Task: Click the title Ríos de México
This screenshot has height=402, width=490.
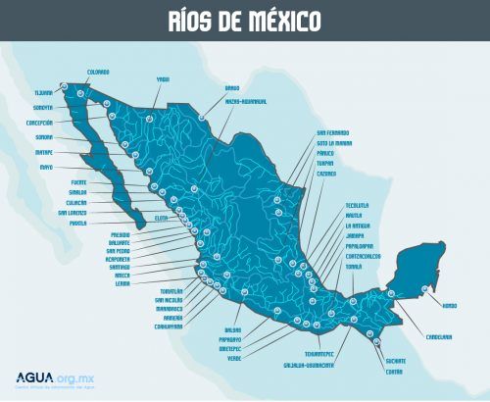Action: [244, 21]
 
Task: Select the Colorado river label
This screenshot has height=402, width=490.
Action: [98, 72]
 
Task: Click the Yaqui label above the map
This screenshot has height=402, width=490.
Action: [163, 79]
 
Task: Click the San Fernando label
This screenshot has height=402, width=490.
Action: [332, 132]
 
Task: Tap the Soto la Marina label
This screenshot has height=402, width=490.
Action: [335, 143]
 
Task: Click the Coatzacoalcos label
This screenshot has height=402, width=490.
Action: [367, 255]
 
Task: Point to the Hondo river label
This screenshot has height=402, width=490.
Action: [450, 306]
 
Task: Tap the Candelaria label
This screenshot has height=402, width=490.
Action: [438, 337]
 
